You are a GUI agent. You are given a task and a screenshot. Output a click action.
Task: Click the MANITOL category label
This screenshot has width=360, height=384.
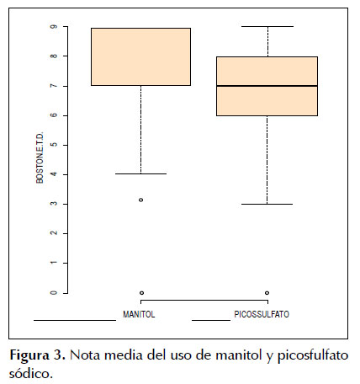[x=139, y=314]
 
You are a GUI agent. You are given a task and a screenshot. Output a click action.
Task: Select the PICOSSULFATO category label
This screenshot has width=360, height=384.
[x=262, y=314]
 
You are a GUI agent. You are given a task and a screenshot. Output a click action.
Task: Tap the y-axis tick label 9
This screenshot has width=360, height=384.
[x=54, y=26]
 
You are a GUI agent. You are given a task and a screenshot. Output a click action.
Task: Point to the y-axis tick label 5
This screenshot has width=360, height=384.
[x=54, y=145]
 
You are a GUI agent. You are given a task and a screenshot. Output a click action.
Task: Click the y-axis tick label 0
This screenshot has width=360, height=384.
[x=54, y=293]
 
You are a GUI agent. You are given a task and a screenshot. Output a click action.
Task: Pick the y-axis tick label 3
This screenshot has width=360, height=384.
[x=54, y=204]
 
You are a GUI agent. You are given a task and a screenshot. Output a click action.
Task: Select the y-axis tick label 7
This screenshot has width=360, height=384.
[x=54, y=86]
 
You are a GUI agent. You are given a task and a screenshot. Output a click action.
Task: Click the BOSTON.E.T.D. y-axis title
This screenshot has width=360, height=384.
[x=40, y=157]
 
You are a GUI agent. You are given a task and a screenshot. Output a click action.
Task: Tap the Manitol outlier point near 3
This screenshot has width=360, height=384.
[x=141, y=200]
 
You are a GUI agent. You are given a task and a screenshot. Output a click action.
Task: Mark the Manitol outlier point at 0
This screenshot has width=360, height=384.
[x=141, y=293]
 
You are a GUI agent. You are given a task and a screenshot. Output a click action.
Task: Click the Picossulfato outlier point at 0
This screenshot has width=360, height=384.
[x=267, y=293]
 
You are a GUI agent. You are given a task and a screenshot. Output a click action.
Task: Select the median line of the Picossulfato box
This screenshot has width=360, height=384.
[x=267, y=86]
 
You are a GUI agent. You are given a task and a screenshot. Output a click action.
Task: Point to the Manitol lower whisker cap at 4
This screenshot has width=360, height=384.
[x=140, y=173]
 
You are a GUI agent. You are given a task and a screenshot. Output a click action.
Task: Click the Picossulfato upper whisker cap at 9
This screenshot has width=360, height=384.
[x=267, y=26]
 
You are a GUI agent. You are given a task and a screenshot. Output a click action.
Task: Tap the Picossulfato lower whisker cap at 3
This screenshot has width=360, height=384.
[x=267, y=204]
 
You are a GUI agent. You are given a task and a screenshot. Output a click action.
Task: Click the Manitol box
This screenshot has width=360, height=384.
[x=140, y=56]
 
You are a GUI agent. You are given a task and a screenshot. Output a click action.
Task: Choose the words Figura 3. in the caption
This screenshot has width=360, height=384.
[x=38, y=356]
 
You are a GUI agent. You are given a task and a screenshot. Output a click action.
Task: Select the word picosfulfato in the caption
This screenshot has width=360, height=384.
[x=313, y=356]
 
